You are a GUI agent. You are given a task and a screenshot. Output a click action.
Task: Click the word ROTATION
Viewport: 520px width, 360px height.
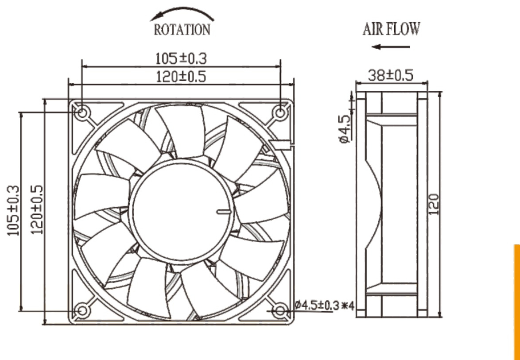(x=182, y=30)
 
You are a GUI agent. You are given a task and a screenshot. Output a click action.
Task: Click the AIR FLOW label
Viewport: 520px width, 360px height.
(x=391, y=29)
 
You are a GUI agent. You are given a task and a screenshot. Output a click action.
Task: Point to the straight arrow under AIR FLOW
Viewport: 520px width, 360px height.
(x=391, y=47)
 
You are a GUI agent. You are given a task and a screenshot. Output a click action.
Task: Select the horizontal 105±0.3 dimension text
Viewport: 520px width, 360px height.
(x=181, y=59)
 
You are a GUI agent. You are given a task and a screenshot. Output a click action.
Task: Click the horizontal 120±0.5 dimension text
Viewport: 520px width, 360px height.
(x=181, y=77)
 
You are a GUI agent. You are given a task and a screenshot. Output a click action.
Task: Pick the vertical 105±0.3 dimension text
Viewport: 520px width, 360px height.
(x=13, y=211)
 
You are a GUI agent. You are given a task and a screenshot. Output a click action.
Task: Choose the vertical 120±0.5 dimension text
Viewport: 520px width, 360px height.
(x=37, y=209)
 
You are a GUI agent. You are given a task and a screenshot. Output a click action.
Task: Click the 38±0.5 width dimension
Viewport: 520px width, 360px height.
(x=391, y=76)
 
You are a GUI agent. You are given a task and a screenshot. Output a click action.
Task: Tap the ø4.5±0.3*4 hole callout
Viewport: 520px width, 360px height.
(x=325, y=305)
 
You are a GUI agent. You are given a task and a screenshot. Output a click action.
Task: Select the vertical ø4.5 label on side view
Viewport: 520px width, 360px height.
(x=345, y=129)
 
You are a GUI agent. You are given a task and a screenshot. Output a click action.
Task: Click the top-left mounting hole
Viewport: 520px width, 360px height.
(x=82, y=113)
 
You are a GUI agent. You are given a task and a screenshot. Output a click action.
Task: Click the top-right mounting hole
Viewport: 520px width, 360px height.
(x=280, y=113)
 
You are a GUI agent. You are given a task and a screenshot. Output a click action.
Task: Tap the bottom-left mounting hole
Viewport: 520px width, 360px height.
(x=82, y=311)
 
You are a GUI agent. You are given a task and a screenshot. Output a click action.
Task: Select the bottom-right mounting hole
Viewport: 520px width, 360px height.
(x=280, y=311)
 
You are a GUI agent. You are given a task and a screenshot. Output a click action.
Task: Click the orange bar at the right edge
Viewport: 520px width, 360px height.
(x=517, y=302)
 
